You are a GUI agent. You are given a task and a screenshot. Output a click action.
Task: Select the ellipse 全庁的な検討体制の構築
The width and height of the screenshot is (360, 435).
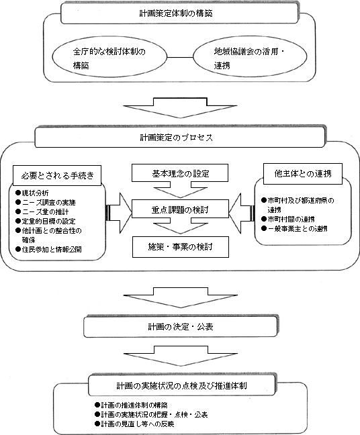tap(110, 58)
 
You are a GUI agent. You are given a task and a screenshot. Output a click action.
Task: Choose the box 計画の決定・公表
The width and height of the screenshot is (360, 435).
tap(179, 327)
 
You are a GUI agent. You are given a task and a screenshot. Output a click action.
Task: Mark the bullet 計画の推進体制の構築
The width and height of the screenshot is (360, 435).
tap(134, 406)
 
